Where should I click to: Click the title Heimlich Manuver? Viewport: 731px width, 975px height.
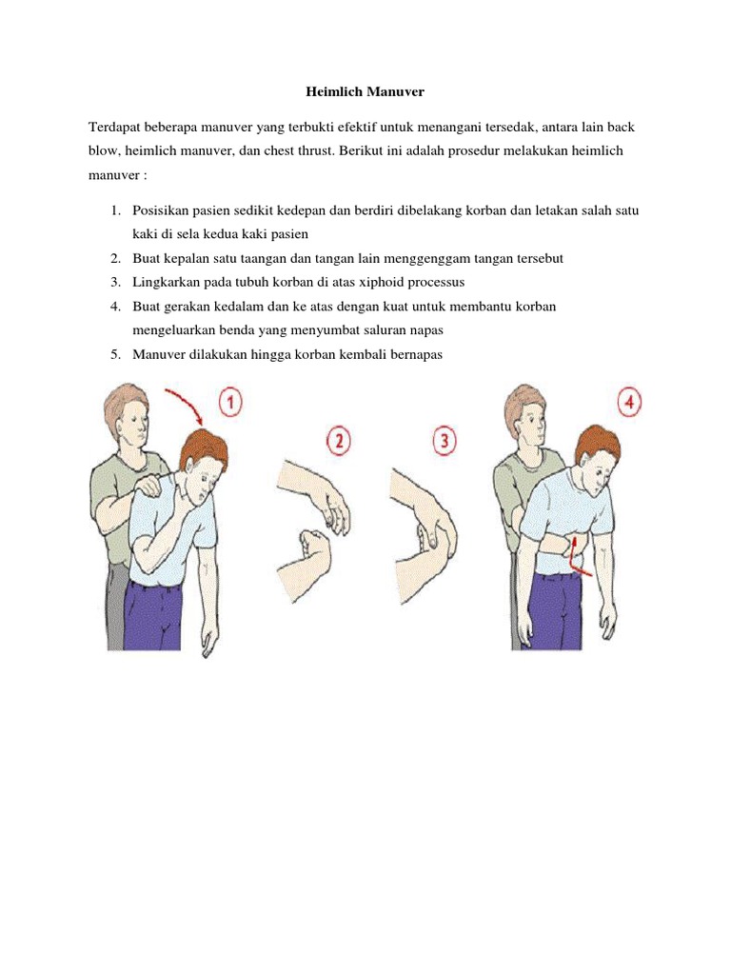click(365, 93)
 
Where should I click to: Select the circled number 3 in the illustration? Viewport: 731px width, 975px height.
click(443, 441)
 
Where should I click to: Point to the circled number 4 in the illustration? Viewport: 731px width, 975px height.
click(628, 402)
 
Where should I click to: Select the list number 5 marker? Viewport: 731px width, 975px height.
click(113, 354)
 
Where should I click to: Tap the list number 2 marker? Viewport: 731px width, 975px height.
click(113, 259)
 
